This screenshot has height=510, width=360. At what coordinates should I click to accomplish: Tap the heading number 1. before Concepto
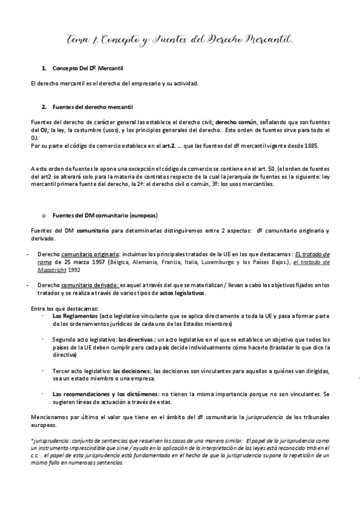pos(43,69)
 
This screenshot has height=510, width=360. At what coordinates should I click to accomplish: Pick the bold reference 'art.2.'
pos(168,146)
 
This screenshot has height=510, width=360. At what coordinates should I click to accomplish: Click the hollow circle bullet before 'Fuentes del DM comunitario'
pos(43,215)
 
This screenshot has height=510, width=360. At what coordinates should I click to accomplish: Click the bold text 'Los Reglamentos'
pos(74,315)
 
